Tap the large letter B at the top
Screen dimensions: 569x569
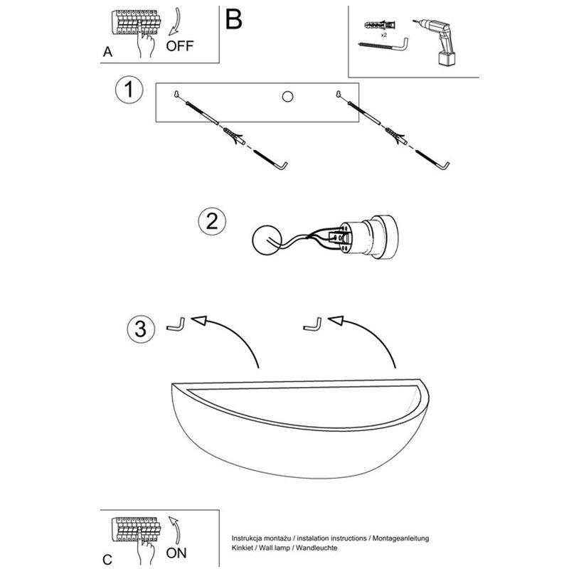(x=234, y=19)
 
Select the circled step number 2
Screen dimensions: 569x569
(x=211, y=220)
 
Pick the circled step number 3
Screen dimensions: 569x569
(x=141, y=329)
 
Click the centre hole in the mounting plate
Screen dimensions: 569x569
(x=288, y=96)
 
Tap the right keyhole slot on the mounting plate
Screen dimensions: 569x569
(x=340, y=92)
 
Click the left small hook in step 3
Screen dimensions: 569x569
(x=175, y=325)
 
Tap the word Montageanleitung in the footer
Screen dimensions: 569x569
(x=398, y=539)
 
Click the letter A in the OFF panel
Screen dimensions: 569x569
(x=107, y=51)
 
